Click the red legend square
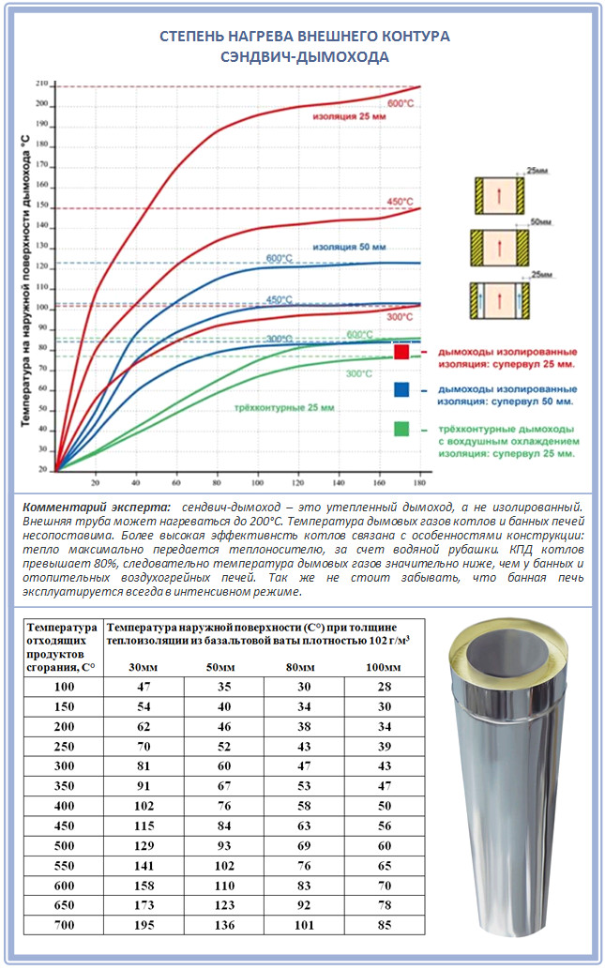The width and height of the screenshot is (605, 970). (401, 352)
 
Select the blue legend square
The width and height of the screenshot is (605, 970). (401, 389)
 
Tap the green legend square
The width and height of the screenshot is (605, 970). (401, 429)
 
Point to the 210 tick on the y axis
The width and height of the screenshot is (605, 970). (42, 84)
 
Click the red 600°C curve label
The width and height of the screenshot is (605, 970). (401, 103)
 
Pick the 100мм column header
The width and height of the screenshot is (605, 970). (381, 666)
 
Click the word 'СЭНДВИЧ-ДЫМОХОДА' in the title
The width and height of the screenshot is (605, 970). (304, 56)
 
